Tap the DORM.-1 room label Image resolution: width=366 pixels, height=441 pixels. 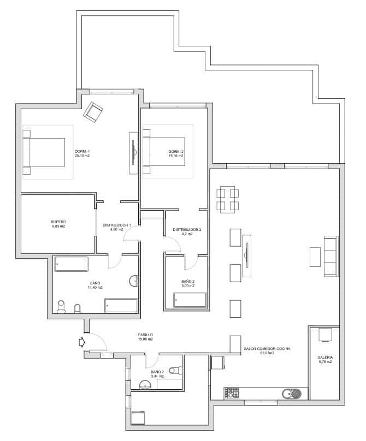click(x=82, y=151)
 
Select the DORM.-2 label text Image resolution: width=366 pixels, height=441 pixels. click(x=175, y=151)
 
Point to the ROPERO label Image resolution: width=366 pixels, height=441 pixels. click(x=58, y=222)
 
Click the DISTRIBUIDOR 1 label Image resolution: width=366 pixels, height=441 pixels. click(x=117, y=225)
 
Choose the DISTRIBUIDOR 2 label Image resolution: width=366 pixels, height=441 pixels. click(x=187, y=229)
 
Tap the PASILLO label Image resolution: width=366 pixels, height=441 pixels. click(x=145, y=335)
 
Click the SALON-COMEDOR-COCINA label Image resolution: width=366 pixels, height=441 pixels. click(x=267, y=349)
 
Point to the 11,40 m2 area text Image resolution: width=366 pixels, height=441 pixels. click(x=96, y=287)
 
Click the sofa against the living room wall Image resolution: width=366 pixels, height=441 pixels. click(x=331, y=255)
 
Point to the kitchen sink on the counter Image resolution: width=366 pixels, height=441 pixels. click(x=291, y=393)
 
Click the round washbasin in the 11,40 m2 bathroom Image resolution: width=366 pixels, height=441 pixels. click(x=134, y=281)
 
